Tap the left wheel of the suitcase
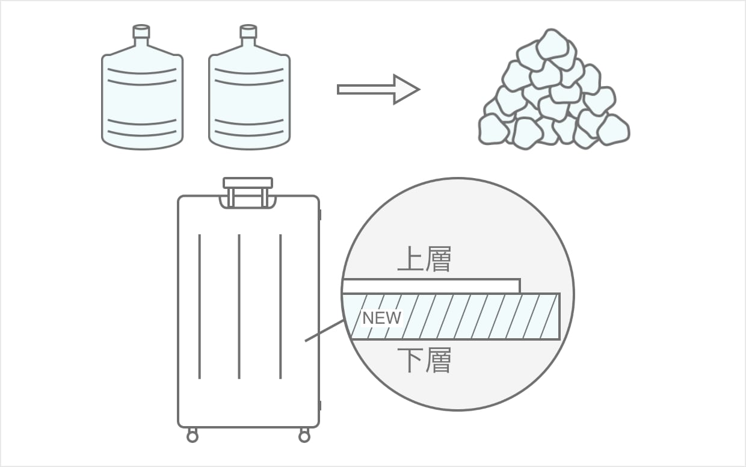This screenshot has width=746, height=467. (x=193, y=436)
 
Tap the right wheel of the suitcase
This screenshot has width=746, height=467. (x=304, y=436)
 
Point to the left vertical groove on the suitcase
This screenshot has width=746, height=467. (x=199, y=307)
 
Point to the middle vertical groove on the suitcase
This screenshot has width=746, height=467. (x=239, y=307)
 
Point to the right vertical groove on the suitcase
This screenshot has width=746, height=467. (x=280, y=307)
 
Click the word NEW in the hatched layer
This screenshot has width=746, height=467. (x=381, y=318)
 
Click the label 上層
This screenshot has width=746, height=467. (x=424, y=261)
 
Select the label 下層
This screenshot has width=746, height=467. (x=424, y=360)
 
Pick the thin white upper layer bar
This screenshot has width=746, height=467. (x=431, y=286)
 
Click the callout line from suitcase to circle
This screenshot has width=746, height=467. (x=324, y=331)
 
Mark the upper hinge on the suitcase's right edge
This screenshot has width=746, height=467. (x=319, y=214)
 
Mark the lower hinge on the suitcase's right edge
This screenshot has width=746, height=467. (x=319, y=405)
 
